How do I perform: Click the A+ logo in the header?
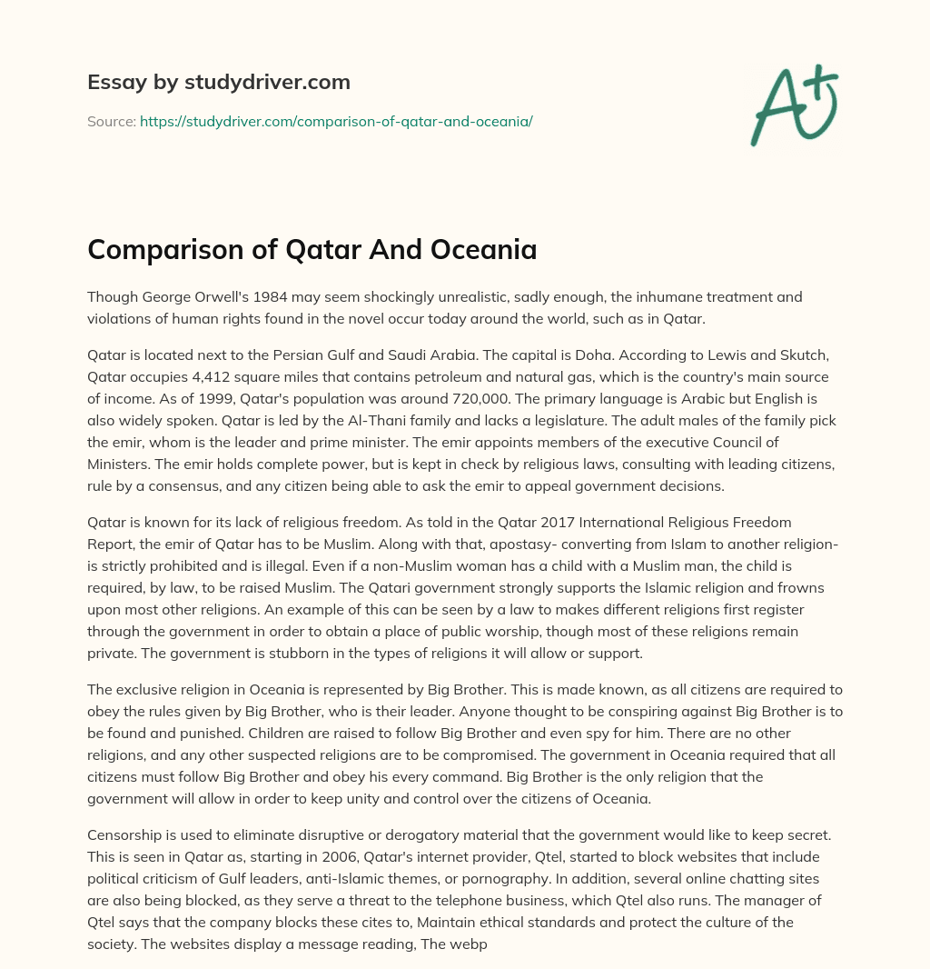pos(793,105)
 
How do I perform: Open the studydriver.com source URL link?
pos(336,121)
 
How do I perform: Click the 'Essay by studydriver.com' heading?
pos(218,83)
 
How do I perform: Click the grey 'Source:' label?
pos(112,121)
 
